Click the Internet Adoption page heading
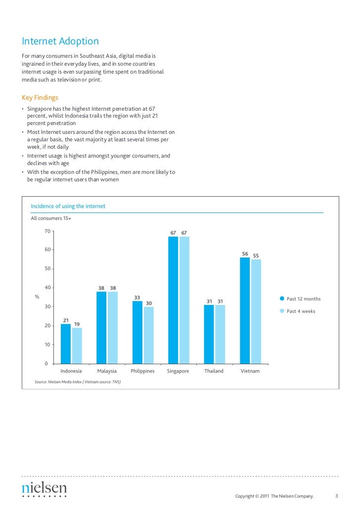(60, 41)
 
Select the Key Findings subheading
(40, 97)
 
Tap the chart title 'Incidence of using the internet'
(68, 206)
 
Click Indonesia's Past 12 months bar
(66, 344)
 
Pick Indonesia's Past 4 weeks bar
(77, 346)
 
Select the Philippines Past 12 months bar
(137, 332)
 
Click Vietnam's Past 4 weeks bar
(256, 311)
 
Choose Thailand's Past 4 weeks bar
(220, 334)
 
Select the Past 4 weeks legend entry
(301, 311)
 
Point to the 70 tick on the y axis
(47, 231)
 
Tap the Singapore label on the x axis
(178, 371)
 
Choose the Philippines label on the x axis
(142, 371)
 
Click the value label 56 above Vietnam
(245, 254)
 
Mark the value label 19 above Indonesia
(77, 324)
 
